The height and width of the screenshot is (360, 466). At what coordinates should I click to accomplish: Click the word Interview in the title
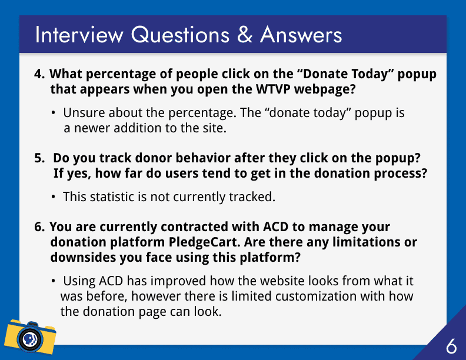(79, 35)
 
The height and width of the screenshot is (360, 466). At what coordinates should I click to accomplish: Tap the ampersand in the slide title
(245, 35)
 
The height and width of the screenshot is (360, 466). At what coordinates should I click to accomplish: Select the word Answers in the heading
(301, 35)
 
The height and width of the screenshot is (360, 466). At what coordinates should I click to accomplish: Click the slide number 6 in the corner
(451, 346)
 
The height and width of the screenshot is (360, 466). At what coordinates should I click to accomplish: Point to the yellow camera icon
(30, 337)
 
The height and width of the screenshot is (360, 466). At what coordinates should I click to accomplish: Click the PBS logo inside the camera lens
(30, 339)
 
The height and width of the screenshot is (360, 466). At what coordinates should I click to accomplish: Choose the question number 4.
(39, 74)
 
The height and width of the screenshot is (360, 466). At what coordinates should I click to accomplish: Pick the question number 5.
(39, 158)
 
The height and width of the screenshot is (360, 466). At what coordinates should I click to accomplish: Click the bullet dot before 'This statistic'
(53, 197)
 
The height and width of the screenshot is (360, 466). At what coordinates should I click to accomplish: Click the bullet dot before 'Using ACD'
(53, 281)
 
